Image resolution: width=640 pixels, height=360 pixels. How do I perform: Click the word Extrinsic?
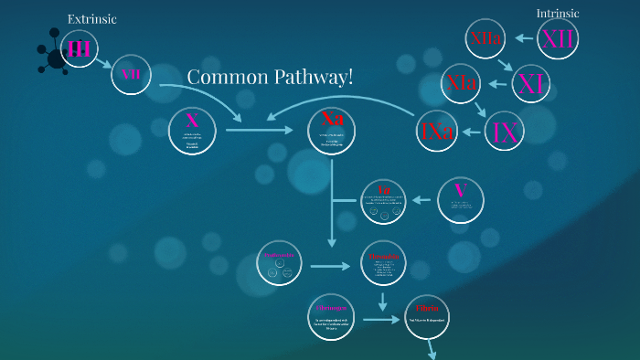point(92,19)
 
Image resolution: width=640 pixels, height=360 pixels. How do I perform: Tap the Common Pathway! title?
point(270,77)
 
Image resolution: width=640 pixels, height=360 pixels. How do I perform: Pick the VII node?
point(131,73)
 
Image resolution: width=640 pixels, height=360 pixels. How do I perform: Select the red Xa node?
point(332,130)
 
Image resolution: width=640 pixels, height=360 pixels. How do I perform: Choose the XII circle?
point(558,38)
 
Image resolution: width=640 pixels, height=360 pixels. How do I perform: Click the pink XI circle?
point(530,84)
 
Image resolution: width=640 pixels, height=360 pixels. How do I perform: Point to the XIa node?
point(462,83)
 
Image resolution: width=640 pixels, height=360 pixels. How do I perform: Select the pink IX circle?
point(505,132)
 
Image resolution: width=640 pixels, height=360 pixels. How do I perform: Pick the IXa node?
point(438,132)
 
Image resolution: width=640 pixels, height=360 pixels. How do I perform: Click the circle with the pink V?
point(460,199)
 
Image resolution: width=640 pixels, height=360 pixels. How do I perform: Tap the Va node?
point(384,202)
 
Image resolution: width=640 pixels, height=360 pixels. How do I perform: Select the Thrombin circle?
point(383,263)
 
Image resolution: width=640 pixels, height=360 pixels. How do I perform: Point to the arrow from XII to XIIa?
point(523,38)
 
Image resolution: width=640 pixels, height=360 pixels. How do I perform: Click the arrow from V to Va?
point(421,199)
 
